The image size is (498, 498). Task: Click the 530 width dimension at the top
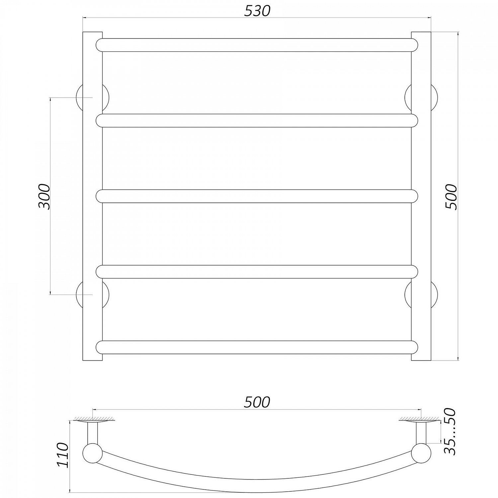(x=257, y=11)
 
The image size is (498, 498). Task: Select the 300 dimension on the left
(x=44, y=196)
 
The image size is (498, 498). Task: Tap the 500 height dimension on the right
(x=451, y=196)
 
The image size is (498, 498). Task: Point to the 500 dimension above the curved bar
(x=257, y=402)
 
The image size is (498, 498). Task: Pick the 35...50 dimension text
(x=450, y=432)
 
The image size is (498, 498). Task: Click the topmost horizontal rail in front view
(x=257, y=45)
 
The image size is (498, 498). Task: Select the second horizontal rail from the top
(x=257, y=121)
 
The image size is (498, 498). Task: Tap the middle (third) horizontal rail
(x=257, y=196)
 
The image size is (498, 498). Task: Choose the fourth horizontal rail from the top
(x=257, y=271)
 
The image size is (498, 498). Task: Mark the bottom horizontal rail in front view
(x=257, y=347)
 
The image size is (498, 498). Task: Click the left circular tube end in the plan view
(x=92, y=454)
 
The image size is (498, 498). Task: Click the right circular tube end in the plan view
(x=421, y=454)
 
